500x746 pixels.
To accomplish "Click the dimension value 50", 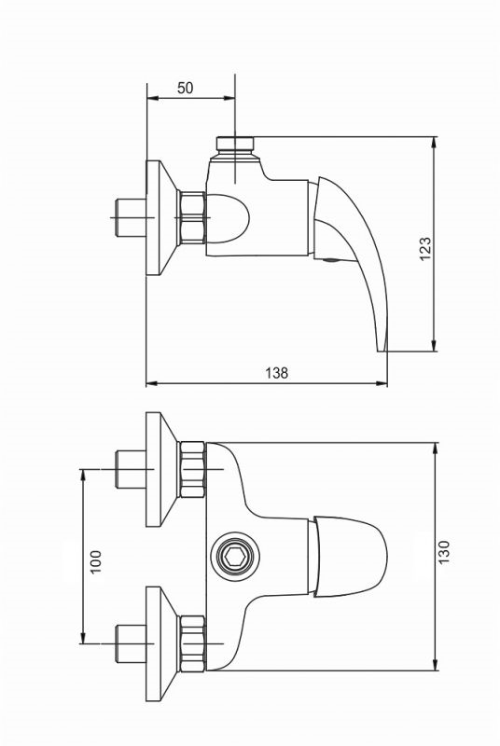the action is pos(185,88).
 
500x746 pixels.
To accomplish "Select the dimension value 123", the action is pos(424,248).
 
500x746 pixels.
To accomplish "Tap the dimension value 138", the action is pos(277,372).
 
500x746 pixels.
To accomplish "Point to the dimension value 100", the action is pos(96,562).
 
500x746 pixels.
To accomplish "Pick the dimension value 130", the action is pos(443,552).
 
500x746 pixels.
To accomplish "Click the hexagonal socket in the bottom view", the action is pos(235,556).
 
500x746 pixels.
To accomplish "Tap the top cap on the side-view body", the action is pos(235,144).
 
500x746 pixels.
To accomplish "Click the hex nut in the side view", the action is pos(191,217).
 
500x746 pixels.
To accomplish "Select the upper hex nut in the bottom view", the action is pos(191,470).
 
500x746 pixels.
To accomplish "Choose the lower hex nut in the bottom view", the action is pos(191,643).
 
